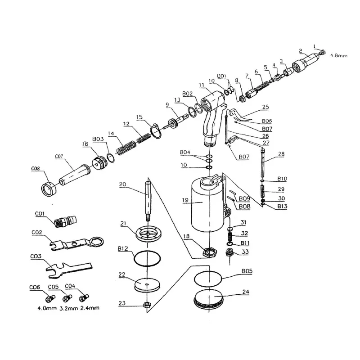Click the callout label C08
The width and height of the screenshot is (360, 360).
coord(35,169)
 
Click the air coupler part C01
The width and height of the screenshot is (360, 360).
coord(64,221)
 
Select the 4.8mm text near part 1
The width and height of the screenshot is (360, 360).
coord(339,56)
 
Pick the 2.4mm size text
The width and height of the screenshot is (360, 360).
coord(89,308)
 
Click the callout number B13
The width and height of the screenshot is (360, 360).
coord(283,207)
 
